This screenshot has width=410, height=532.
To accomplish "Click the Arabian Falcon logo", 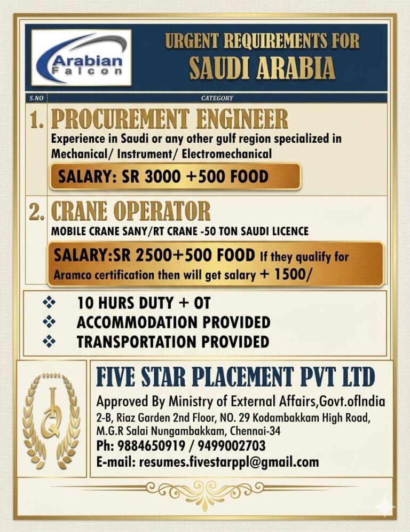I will [81, 58].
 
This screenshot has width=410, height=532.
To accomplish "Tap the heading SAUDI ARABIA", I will [262, 68].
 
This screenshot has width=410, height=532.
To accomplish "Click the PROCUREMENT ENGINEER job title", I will [169, 119].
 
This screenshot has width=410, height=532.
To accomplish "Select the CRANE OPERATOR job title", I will [131, 212].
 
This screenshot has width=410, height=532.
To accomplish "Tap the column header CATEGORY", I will [217, 98].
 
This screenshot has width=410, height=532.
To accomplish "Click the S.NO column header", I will [35, 98].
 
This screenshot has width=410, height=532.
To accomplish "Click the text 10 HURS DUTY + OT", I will [143, 304].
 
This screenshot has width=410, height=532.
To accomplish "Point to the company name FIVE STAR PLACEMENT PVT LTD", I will [235, 377].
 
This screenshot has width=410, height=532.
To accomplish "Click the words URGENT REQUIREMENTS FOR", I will [262, 41].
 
